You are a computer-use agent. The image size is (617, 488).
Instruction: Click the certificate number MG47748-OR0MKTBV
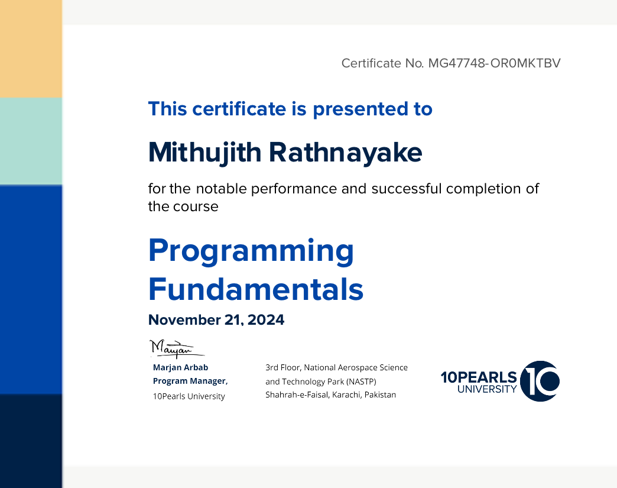(x=494, y=63)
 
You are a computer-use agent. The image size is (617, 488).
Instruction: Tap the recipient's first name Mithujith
(x=204, y=153)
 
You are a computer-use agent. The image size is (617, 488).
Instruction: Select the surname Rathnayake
(x=346, y=153)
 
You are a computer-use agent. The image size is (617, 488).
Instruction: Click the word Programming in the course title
(x=251, y=252)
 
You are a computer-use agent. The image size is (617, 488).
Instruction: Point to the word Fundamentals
(x=256, y=289)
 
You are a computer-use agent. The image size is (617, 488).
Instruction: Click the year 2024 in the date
(x=266, y=320)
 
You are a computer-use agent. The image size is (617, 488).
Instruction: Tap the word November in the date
(x=184, y=320)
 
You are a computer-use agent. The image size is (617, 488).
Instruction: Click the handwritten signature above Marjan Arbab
(x=177, y=348)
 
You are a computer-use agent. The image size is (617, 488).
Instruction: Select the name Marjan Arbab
(x=181, y=367)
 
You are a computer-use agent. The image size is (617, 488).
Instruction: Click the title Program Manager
(x=190, y=382)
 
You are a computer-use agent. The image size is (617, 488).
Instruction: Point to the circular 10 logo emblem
(x=540, y=381)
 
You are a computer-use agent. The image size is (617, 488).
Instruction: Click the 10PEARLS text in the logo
(x=479, y=377)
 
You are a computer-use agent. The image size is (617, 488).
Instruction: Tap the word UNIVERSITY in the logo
(x=487, y=389)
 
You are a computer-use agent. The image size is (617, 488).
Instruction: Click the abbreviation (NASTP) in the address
(x=361, y=382)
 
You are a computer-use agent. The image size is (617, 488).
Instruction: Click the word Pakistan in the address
(x=380, y=395)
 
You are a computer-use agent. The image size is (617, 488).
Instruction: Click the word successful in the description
(x=407, y=189)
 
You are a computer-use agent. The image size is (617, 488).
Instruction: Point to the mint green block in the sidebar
(x=31, y=141)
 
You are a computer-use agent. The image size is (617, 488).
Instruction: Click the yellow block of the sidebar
(x=31, y=49)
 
